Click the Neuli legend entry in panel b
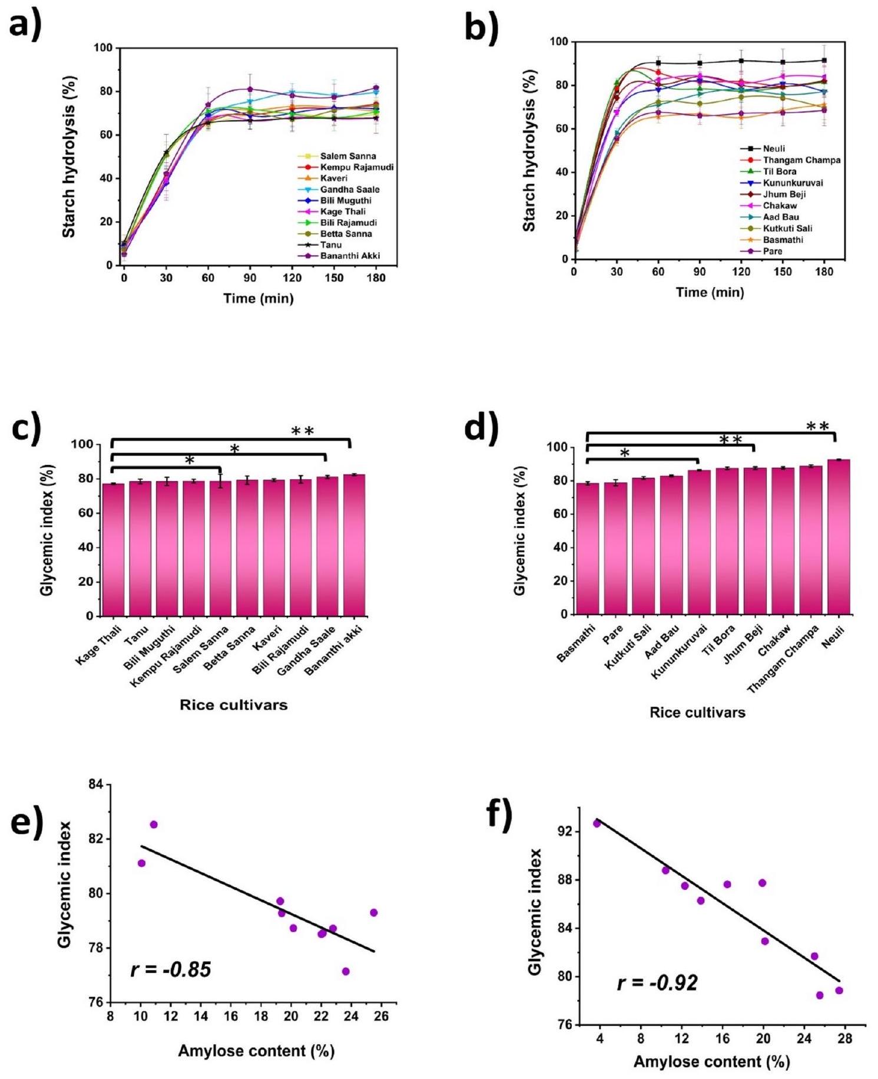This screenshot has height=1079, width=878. [773, 149]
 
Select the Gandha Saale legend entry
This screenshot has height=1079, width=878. [349, 189]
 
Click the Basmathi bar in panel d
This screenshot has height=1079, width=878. [587, 548]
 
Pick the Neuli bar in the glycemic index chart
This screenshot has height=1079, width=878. [839, 536]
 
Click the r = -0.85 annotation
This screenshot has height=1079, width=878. [171, 969]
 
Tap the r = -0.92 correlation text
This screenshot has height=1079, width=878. [657, 982]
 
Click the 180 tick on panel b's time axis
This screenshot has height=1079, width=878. [824, 272]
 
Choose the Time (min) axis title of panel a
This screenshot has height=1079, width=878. [258, 298]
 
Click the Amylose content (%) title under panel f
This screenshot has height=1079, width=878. [711, 1061]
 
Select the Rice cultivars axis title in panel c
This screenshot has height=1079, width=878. [234, 705]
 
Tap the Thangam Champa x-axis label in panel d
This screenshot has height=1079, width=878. [783, 659]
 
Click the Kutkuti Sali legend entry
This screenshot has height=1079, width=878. [787, 229]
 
